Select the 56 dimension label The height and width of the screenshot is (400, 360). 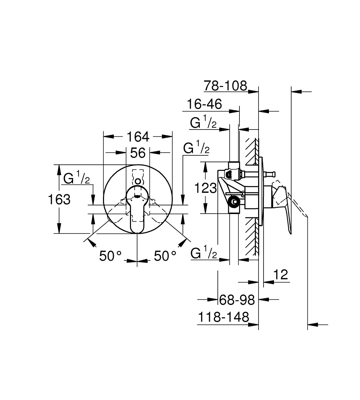[x=138, y=153]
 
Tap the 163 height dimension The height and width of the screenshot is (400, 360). [x=59, y=199]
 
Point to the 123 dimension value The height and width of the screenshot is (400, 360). [x=206, y=188]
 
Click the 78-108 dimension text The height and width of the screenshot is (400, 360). [x=226, y=86]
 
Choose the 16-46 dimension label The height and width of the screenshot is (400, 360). [x=204, y=104]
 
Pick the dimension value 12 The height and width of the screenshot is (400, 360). [x=280, y=274]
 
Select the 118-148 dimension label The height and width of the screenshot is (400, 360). [x=224, y=317]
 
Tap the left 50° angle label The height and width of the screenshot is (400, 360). [x=110, y=256]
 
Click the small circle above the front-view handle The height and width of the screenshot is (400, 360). [x=138, y=181]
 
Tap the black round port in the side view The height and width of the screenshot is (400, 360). [x=234, y=201]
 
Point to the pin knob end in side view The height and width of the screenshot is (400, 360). [x=273, y=174]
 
